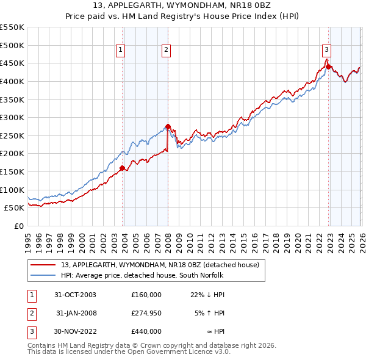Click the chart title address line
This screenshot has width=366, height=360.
coord(183,5)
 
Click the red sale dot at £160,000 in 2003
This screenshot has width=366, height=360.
coord(123,168)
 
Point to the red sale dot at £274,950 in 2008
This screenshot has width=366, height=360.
coord(168,126)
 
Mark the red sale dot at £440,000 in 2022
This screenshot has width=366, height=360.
coord(328,67)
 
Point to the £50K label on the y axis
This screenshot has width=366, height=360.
coord(14,207)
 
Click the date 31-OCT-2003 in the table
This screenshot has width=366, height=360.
coord(75,295)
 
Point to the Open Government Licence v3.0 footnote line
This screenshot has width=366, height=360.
coord(129,352)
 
